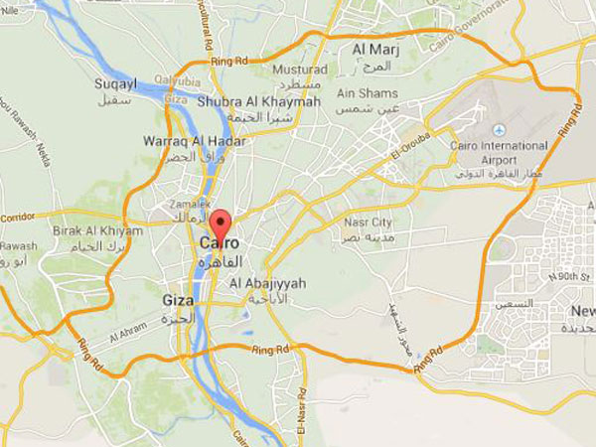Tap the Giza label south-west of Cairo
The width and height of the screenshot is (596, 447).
pos(179,299)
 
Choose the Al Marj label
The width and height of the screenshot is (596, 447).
pos(374,49)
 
